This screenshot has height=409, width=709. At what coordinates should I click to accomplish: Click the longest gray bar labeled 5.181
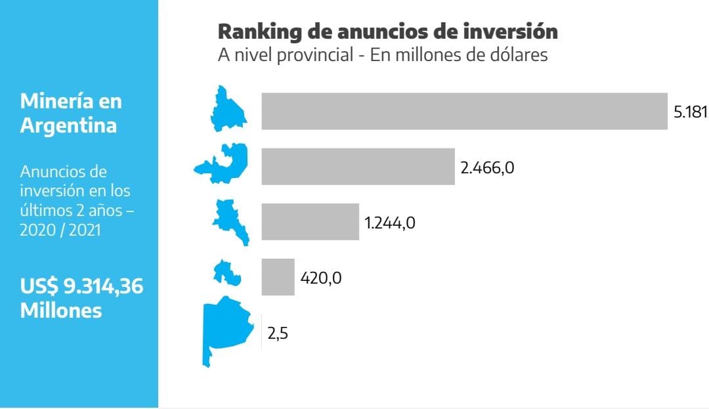(464, 111)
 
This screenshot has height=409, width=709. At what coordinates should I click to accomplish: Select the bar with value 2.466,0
(358, 166)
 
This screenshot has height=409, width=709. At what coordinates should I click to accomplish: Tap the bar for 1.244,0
(310, 221)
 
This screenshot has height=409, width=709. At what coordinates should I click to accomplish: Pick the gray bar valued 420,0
(278, 277)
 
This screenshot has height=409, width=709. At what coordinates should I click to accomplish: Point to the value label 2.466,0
(487, 167)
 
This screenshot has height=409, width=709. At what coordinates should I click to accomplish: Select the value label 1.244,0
(390, 223)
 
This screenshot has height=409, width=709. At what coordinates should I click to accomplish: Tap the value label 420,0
(321, 278)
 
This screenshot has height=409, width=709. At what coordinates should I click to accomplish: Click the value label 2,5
(278, 333)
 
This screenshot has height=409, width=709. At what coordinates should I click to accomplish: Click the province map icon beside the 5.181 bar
(228, 109)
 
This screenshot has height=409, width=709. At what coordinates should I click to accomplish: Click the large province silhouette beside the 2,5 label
(226, 328)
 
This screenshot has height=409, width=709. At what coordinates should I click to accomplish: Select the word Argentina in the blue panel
(68, 125)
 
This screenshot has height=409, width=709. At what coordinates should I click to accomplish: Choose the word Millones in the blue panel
(61, 310)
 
